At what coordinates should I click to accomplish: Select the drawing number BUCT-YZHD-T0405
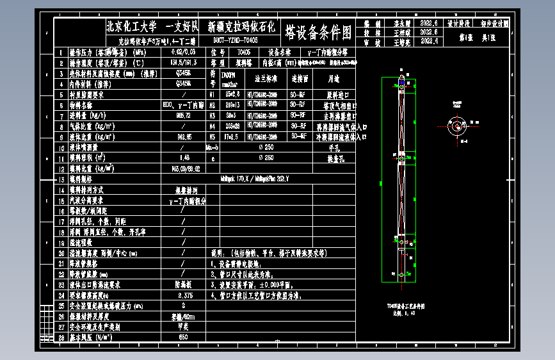(x=235, y=40)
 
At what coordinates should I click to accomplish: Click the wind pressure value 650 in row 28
(x=184, y=337)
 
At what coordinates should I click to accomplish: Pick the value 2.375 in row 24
(x=184, y=295)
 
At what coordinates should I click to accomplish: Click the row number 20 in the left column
(x=61, y=253)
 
